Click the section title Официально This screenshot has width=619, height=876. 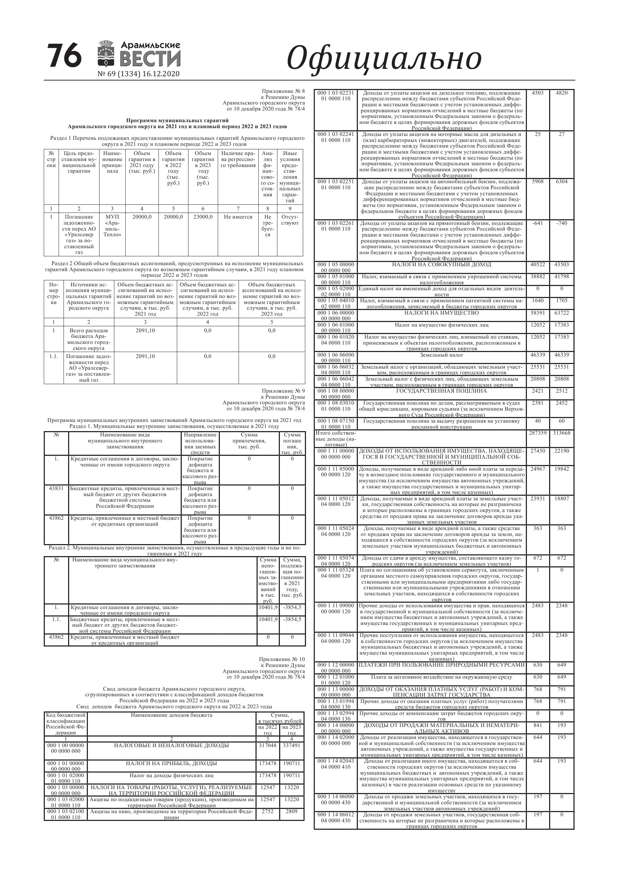[384, 58]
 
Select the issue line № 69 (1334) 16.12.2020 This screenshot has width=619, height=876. [138, 74]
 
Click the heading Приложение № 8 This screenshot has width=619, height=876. [283, 91]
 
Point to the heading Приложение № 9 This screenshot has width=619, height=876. [283, 391]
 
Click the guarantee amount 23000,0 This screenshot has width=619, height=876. [203, 217]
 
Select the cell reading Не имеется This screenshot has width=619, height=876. [238, 217]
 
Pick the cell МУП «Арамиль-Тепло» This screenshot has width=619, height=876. [112, 226]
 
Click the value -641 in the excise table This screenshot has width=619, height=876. [537, 223]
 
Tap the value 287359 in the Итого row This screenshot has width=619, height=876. [538, 433]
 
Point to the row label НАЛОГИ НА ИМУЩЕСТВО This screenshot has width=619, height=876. [441, 313]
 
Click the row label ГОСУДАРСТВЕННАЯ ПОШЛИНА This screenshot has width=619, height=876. [441, 391]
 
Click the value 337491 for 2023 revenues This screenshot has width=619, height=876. [292, 745]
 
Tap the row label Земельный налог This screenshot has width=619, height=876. [441, 355]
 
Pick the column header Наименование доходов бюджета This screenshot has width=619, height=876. [171, 715]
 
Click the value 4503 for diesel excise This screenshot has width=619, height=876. [537, 93]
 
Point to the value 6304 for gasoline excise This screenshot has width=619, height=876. [561, 181]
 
